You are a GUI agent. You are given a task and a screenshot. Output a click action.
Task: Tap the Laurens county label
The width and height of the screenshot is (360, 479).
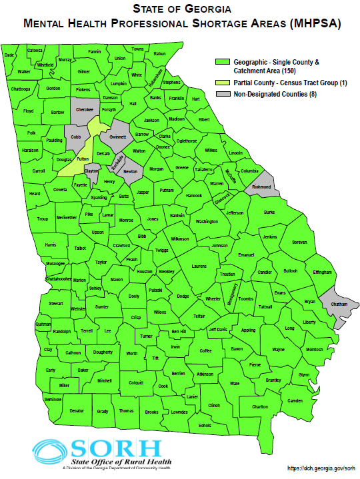pos(199,266)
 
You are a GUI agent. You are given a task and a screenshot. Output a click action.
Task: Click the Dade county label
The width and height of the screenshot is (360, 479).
pos(9,55)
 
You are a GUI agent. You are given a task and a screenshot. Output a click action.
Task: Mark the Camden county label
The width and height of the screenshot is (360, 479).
pos(295,400)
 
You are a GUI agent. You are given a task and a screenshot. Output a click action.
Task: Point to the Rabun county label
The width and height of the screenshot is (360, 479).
pos(159,53)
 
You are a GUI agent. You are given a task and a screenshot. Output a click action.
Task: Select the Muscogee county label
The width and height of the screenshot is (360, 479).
pos(55,263)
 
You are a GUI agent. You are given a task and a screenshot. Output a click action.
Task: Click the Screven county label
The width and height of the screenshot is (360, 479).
pos(299,242)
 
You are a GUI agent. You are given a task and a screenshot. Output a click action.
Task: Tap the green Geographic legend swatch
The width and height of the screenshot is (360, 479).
pos(223,61)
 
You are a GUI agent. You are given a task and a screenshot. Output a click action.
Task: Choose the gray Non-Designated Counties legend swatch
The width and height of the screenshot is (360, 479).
pos(223,95)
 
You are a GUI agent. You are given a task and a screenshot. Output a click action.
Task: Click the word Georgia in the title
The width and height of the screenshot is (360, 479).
pos(202,9)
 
